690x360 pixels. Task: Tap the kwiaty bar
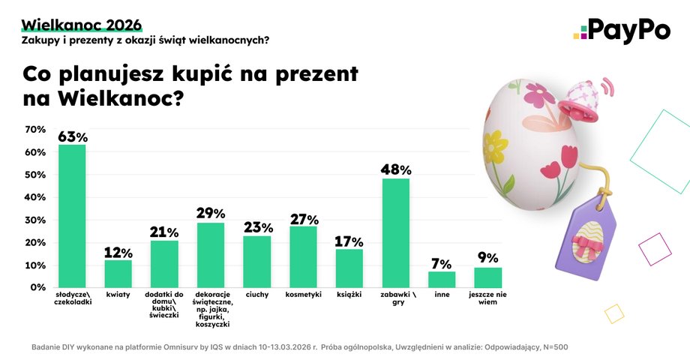coord(118,273)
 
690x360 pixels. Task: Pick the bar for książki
coord(349,268)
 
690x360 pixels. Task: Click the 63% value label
coord(73,137)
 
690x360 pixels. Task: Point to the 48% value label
coord(396,170)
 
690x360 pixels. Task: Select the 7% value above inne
coord(442,264)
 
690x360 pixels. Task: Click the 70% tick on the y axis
coord(35,130)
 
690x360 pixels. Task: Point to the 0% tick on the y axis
coord(38,287)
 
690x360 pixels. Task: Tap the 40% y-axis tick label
coord(35,197)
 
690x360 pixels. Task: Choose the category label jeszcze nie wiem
coord(487,299)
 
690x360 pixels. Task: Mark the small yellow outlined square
coord(613,313)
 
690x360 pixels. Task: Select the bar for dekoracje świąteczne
coord(211,255)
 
